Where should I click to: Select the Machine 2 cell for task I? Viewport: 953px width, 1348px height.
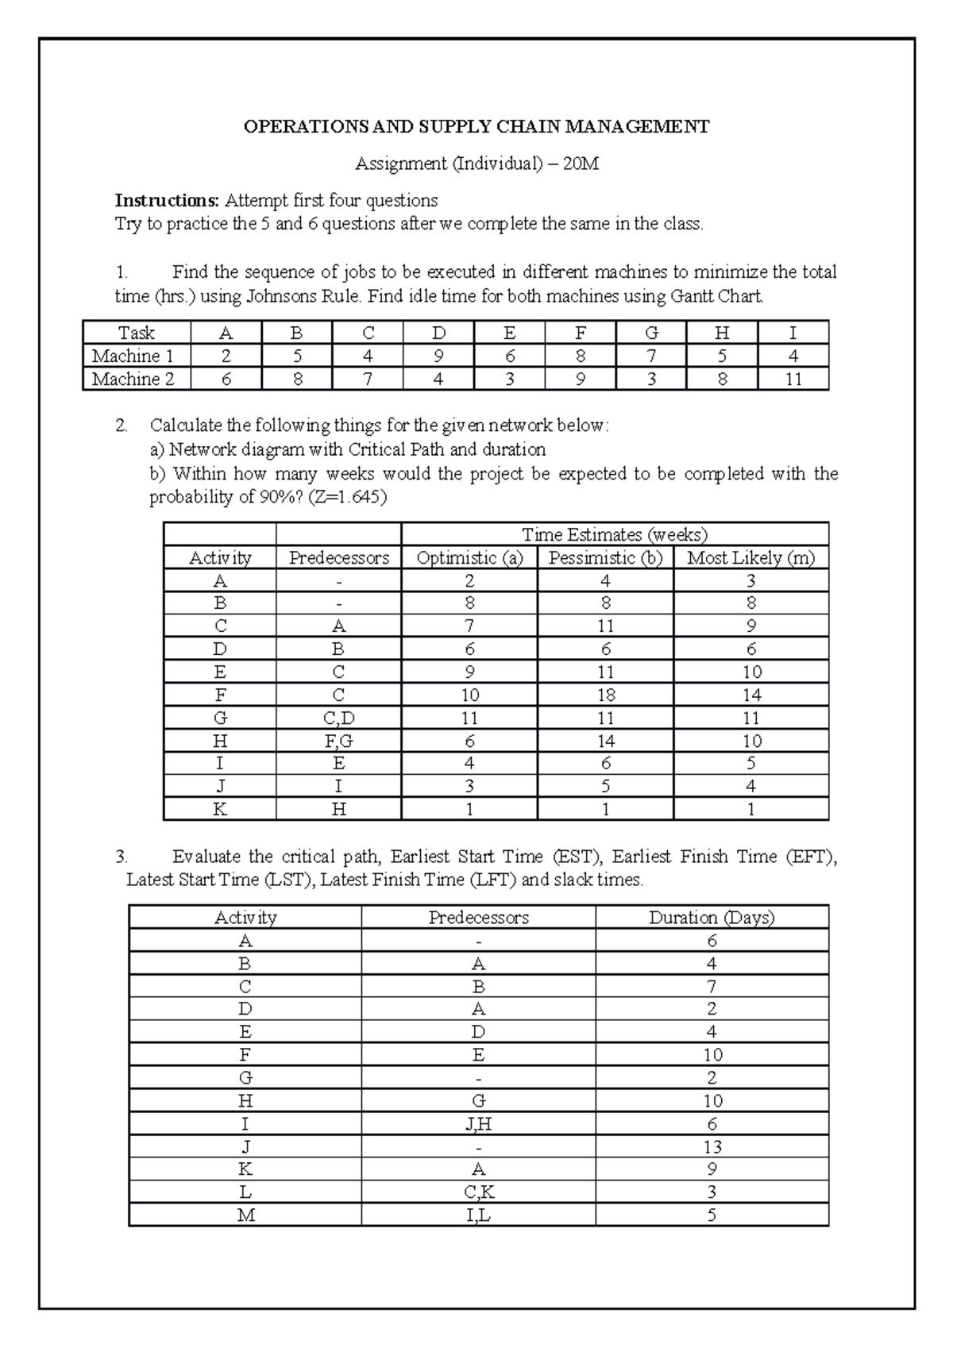(793, 379)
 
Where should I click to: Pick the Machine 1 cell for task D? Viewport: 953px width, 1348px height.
(438, 356)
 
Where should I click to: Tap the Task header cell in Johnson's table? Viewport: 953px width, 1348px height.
(137, 333)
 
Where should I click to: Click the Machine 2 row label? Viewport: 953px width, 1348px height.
(133, 379)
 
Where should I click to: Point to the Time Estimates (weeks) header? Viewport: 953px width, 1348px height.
(614, 534)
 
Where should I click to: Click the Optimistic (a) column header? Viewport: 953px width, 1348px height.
(469, 558)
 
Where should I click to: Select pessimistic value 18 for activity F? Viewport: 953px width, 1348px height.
(605, 695)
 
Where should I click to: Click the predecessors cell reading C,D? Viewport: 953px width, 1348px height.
(338, 718)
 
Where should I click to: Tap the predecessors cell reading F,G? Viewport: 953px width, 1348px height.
(338, 741)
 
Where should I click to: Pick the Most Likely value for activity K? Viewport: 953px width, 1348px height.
(750, 810)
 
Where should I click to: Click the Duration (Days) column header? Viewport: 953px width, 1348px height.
(712, 918)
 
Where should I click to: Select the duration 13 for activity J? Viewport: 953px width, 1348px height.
(712, 1147)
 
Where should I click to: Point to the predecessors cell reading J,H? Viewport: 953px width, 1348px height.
(478, 1124)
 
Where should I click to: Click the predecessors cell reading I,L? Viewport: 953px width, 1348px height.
(478, 1215)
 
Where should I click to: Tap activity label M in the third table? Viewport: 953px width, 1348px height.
(245, 1215)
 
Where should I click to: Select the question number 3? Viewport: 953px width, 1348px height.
(122, 857)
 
